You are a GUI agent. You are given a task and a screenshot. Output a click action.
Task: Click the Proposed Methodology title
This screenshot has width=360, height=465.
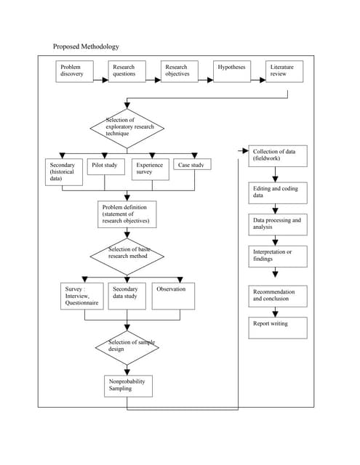(86, 46)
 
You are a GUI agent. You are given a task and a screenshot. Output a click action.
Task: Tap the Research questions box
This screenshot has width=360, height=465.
(127, 71)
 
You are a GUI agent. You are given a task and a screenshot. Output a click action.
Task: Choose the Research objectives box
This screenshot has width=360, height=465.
(180, 71)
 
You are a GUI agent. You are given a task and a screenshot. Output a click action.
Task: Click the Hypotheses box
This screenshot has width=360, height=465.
(232, 71)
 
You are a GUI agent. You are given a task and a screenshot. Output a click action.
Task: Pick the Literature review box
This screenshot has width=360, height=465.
(284, 71)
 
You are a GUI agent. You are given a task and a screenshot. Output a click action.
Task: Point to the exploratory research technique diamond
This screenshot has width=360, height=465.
(127, 129)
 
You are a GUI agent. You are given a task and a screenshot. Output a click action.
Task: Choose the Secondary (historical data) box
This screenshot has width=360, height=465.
(63, 173)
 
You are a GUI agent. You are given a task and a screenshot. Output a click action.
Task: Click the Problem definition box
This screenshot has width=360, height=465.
(127, 214)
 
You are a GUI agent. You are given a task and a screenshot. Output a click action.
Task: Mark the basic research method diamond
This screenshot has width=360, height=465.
(127, 255)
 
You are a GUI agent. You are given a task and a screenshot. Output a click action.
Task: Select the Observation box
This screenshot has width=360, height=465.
(172, 296)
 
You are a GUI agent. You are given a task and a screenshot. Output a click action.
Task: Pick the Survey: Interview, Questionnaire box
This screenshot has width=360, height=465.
(81, 297)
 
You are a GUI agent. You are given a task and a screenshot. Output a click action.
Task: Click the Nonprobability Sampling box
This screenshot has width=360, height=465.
(128, 385)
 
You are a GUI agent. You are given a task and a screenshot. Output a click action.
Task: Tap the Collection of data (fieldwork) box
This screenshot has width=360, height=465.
(277, 155)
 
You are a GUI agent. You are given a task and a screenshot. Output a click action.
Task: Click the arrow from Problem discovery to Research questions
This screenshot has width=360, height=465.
(100, 71)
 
